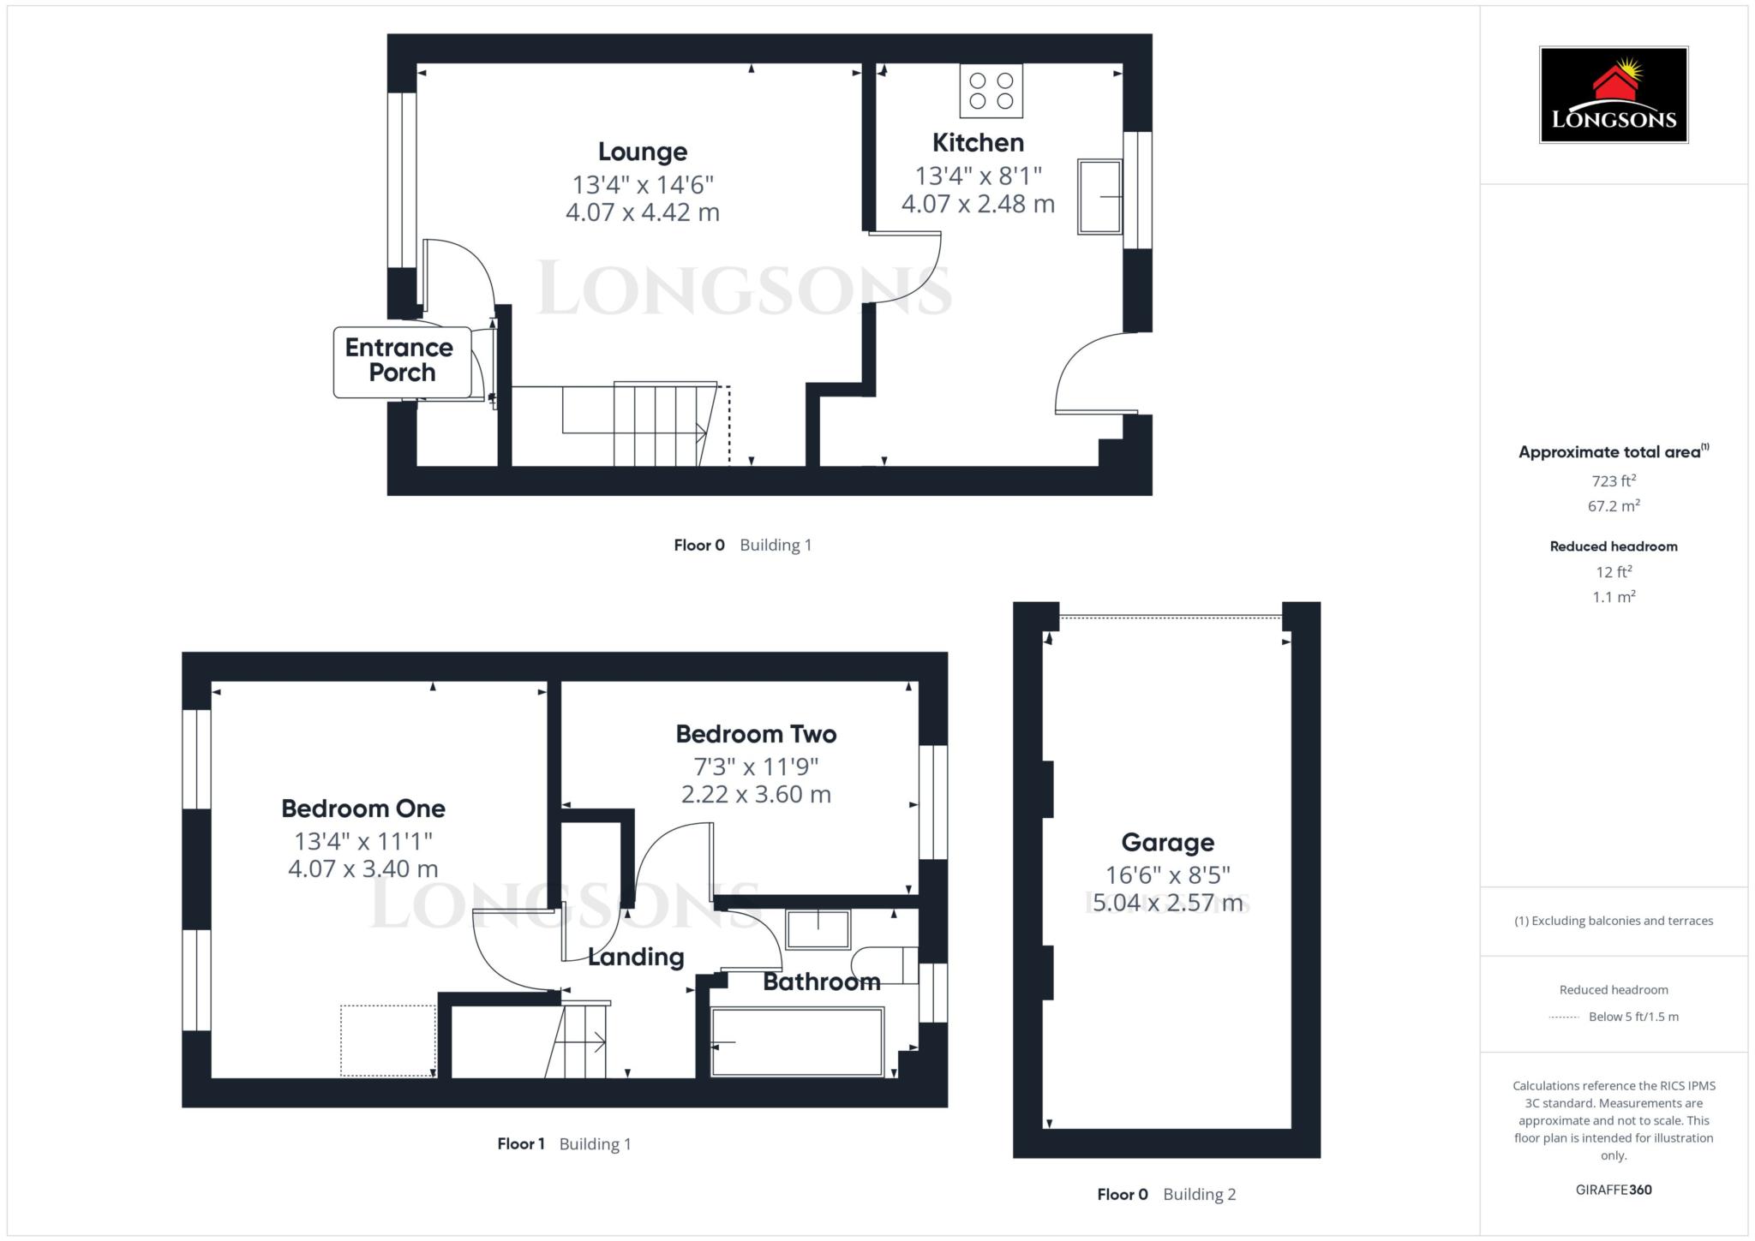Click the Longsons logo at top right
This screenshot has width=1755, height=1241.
click(1614, 94)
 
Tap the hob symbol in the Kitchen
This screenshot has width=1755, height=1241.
click(991, 91)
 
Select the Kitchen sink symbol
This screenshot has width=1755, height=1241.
click(1100, 196)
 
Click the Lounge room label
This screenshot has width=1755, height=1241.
click(643, 152)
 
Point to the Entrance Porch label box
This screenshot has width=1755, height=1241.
click(402, 361)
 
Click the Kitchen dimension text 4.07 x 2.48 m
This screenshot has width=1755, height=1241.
click(978, 204)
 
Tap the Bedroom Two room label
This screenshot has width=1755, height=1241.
click(756, 734)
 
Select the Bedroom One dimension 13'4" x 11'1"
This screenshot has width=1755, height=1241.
click(363, 841)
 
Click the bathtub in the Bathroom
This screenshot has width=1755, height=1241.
click(797, 1041)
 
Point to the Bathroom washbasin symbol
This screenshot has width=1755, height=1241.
click(818, 929)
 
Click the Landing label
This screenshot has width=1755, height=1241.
click(636, 958)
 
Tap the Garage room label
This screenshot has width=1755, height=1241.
click(1167, 843)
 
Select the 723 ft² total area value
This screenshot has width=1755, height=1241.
click(1614, 480)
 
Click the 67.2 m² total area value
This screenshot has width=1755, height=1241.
click(1614, 505)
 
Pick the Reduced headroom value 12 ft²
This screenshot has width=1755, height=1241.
click(1614, 571)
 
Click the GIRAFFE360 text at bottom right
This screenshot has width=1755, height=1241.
click(1614, 1190)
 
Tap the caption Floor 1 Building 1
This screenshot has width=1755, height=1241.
click(564, 1144)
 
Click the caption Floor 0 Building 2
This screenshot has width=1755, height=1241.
click(1166, 1195)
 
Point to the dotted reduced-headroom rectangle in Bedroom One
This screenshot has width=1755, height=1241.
click(388, 1041)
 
